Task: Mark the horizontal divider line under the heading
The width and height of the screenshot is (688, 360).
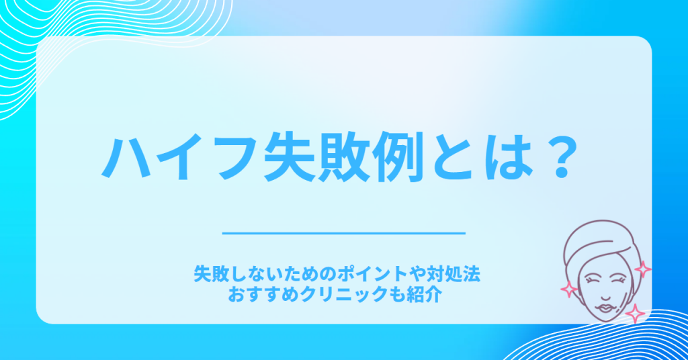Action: (343, 233)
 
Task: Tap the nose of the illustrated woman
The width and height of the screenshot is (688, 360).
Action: (604, 292)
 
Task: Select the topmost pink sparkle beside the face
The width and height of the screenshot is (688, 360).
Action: (643, 270)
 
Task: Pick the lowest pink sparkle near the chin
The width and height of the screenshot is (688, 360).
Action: (634, 314)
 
